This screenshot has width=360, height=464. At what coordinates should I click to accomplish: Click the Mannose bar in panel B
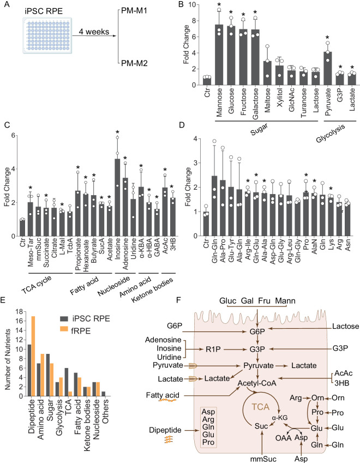tap(219, 55)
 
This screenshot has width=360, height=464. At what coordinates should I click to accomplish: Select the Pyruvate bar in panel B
tap(327, 68)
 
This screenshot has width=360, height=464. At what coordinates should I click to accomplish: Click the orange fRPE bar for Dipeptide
tap(33, 356)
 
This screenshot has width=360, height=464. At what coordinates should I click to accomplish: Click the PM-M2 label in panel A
tap(134, 63)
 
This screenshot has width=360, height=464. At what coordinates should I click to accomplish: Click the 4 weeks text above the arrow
tap(93, 32)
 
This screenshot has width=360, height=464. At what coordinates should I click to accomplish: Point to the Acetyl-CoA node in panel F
tap(257, 383)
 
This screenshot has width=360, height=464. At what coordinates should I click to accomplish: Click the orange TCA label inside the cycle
tap(261, 407)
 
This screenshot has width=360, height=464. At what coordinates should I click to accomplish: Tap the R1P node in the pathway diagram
tap(213, 349)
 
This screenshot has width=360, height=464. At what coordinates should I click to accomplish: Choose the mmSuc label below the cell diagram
tap(263, 459)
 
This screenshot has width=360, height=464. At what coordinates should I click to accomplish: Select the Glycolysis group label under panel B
tap(331, 133)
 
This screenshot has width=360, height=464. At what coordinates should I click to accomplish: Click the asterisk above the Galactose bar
tap(255, 13)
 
